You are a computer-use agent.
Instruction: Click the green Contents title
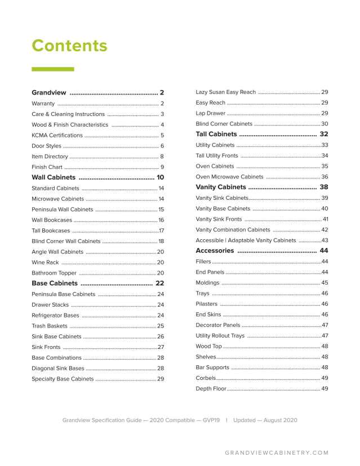(x=69, y=46)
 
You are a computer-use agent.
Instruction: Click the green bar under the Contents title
(x=52, y=69)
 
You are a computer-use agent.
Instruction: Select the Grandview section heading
(x=49, y=92)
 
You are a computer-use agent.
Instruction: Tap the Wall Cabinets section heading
(x=54, y=177)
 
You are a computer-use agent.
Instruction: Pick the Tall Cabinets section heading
(x=216, y=135)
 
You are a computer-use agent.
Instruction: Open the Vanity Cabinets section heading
(x=221, y=187)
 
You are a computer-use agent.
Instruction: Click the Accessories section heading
(x=215, y=250)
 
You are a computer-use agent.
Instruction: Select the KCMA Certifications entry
(x=57, y=135)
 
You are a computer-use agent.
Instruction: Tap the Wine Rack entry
(x=45, y=262)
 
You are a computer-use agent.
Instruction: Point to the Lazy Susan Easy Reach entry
(x=225, y=92)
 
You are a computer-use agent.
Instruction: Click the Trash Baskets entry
(x=50, y=326)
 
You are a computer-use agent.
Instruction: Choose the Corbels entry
(x=206, y=378)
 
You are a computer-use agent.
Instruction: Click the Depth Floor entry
(x=211, y=389)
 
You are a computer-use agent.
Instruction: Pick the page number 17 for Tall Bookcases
(x=161, y=231)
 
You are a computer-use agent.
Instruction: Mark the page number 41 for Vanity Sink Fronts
(x=325, y=219)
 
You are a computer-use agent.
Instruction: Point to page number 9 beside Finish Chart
(x=162, y=167)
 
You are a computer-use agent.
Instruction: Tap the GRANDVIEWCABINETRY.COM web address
(x=276, y=452)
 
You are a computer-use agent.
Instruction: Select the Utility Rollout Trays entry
(x=220, y=336)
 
